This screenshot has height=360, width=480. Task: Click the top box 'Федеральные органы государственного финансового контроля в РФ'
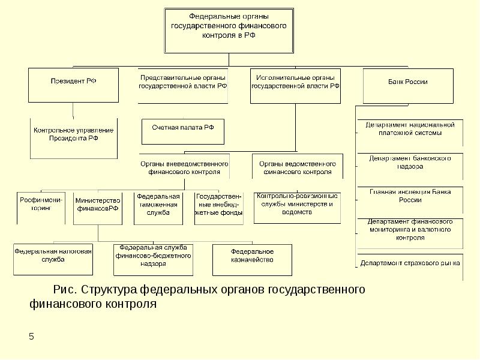pyautogui.click(x=229, y=28)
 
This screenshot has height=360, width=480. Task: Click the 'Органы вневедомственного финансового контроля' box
pyautogui.click(x=184, y=167)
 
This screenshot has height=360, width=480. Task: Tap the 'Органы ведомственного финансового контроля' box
pyautogui.click(x=297, y=167)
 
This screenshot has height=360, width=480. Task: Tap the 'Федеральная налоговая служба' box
pyautogui.click(x=53, y=256)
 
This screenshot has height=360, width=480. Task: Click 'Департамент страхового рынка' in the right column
pyautogui.click(x=410, y=263)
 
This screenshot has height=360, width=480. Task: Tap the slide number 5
pyautogui.click(x=31, y=337)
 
